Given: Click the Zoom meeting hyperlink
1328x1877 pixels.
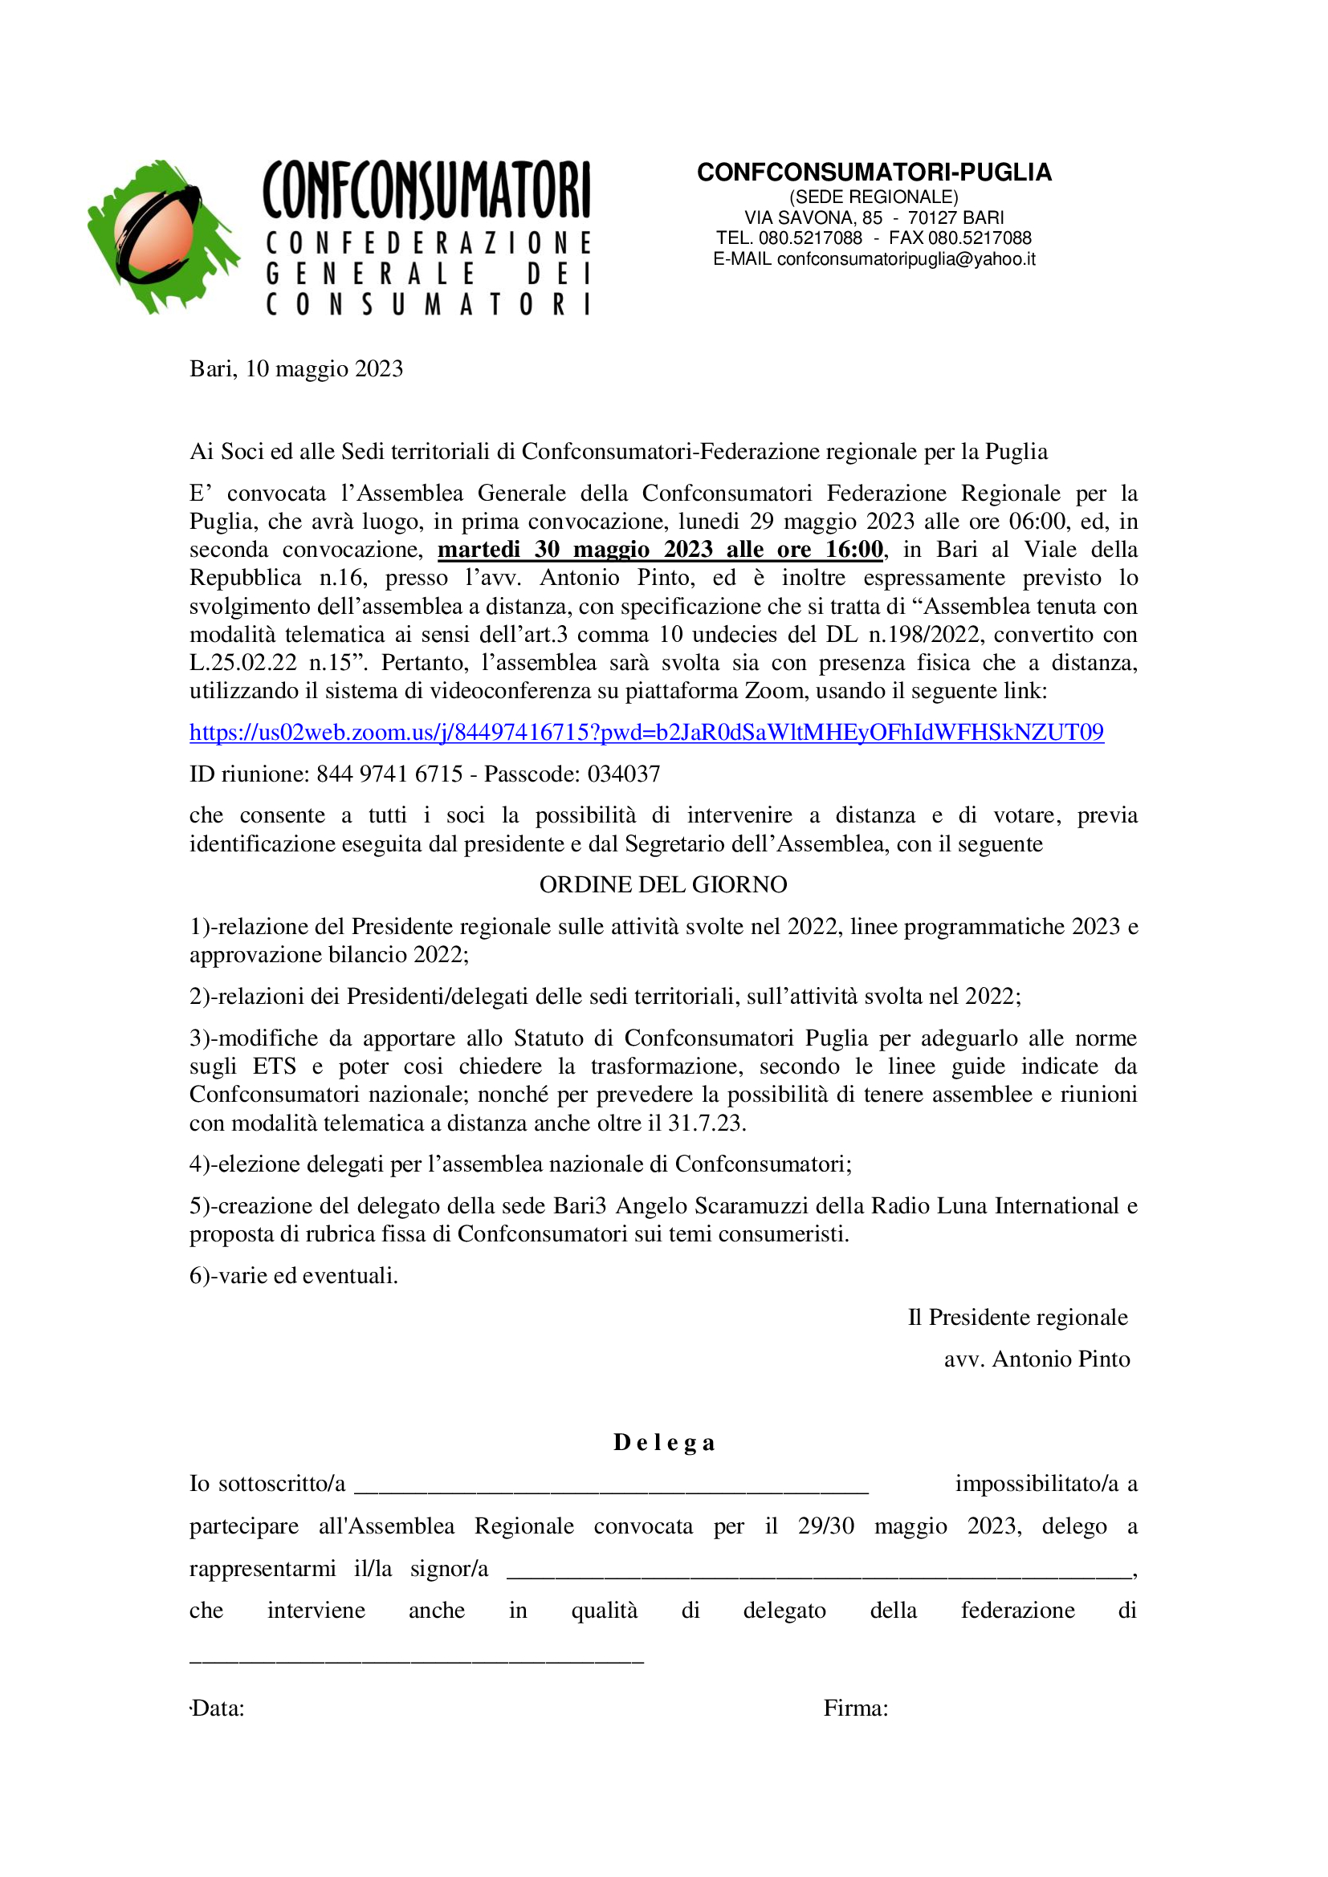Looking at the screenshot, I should point(646,732).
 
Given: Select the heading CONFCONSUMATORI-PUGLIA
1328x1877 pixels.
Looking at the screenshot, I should point(874,173).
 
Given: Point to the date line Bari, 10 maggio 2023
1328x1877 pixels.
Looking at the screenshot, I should point(296,368).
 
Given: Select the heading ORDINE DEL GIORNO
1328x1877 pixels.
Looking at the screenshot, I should point(662,884).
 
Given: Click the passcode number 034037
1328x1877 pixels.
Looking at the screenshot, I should point(623,774).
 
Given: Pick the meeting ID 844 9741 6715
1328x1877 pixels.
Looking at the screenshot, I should point(389,774).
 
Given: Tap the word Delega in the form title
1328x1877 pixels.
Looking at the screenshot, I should point(664,1443).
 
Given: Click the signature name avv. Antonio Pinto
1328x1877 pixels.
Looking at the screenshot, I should point(1036,1359).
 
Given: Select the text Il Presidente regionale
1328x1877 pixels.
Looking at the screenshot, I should point(1017,1317).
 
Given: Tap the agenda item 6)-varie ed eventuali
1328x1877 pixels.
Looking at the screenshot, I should point(294,1275).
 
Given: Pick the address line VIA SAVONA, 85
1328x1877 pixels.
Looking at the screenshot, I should point(813,217).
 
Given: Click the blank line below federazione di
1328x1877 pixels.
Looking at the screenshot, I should point(417,1660).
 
